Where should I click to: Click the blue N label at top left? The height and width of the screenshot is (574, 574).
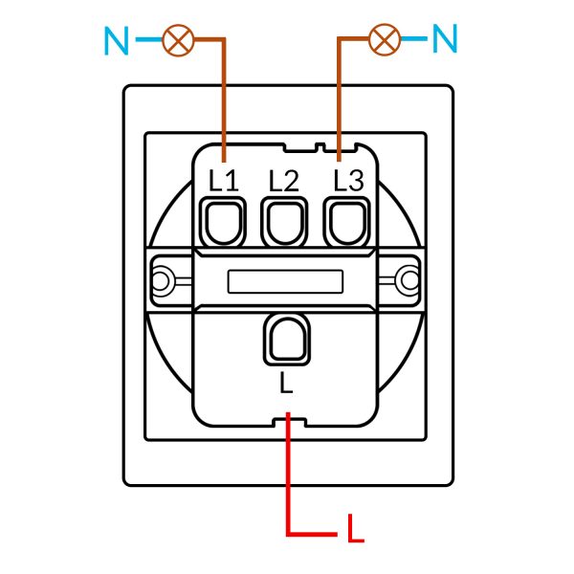(x=117, y=40)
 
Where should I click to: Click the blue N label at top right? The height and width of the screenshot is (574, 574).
(x=445, y=38)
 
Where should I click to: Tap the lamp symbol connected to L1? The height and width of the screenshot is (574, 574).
(x=178, y=40)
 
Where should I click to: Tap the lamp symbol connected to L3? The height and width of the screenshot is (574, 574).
(x=385, y=39)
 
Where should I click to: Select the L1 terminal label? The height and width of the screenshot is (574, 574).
(x=223, y=180)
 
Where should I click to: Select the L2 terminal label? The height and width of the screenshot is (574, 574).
(x=284, y=181)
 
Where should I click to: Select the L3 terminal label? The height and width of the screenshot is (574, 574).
(x=349, y=180)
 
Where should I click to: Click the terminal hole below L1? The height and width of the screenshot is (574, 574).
(x=223, y=222)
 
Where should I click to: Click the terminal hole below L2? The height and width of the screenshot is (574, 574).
(x=284, y=222)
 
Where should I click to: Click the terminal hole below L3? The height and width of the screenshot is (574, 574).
(x=346, y=222)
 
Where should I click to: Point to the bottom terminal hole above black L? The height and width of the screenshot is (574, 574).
(x=287, y=339)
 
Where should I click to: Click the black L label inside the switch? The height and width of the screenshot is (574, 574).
(x=286, y=383)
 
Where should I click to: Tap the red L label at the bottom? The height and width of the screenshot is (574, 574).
(x=356, y=528)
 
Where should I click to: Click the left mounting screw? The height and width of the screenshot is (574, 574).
(x=161, y=281)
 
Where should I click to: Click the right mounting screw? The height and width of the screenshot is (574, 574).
(x=409, y=280)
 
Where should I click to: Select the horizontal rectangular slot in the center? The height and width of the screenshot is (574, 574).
(x=285, y=281)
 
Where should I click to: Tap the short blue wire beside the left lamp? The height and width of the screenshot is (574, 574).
(x=149, y=39)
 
